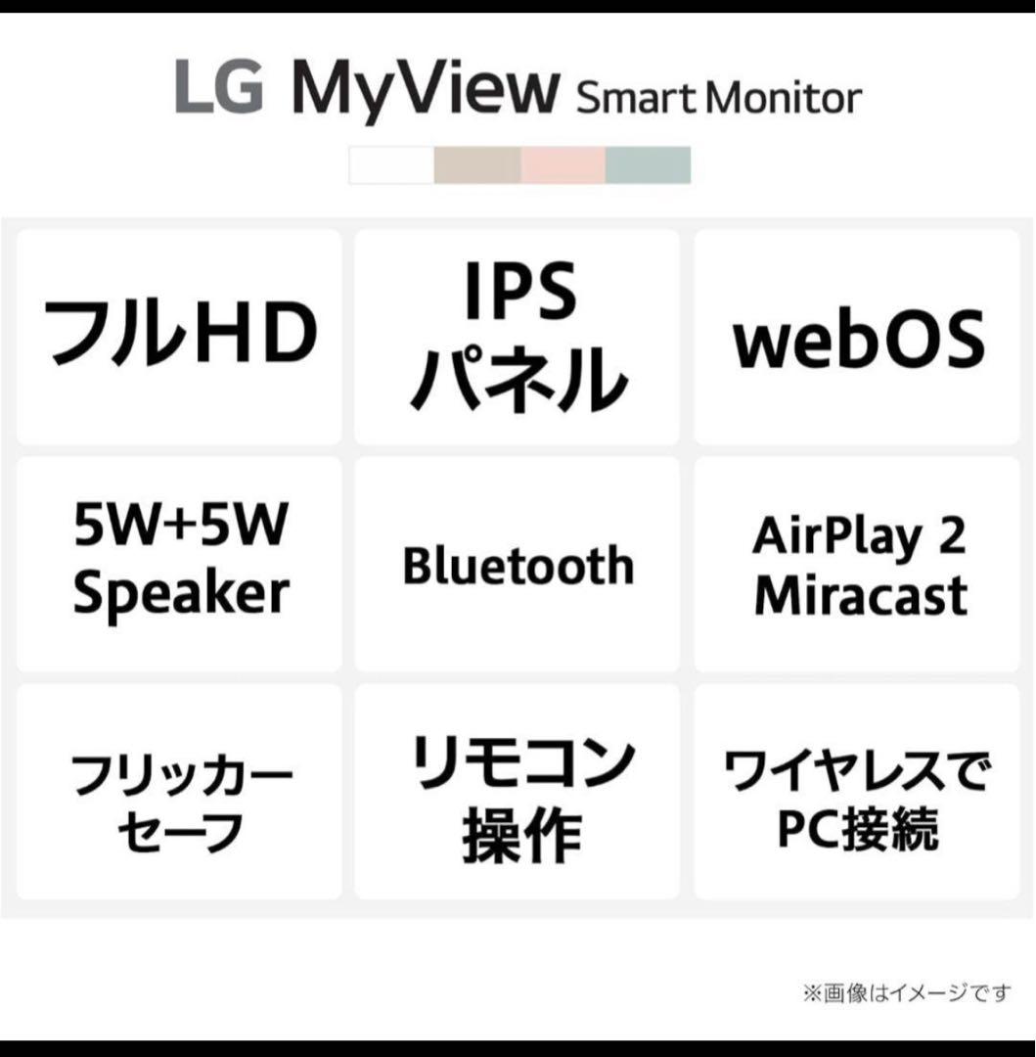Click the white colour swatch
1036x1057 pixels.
[x=391, y=165]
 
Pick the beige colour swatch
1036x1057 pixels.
[x=477, y=165]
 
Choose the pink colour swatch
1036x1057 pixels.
[x=563, y=165]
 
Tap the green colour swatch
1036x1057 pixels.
[x=648, y=165]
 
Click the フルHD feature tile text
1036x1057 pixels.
[x=181, y=334]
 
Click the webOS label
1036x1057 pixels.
[x=859, y=339]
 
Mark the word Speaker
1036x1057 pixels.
[x=181, y=592]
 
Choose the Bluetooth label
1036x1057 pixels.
[x=518, y=566]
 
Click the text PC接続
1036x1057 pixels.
[x=858, y=830]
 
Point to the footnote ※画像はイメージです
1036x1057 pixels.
[x=907, y=993]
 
